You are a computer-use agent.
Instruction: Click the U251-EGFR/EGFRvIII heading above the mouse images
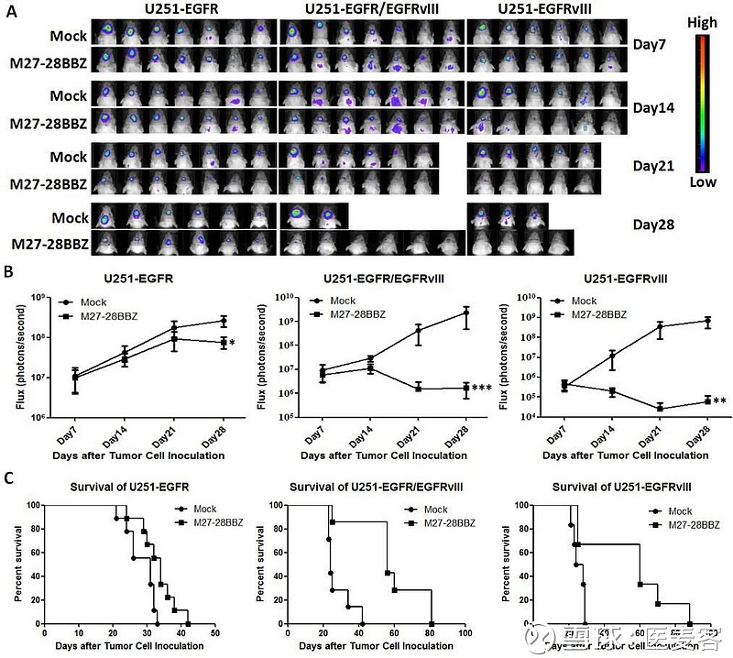tap(370, 9)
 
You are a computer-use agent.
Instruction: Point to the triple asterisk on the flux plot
tap(482, 389)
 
